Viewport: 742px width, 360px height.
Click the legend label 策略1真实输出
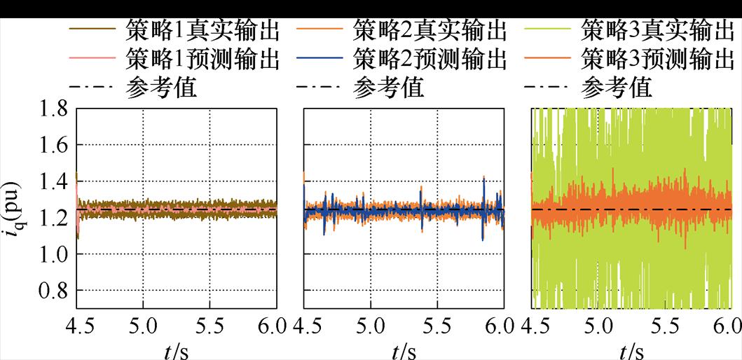point(204,32)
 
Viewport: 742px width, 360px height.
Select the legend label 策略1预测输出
point(204,60)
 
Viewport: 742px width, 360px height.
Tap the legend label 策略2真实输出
point(430,32)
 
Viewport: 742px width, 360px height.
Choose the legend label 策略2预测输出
point(430,60)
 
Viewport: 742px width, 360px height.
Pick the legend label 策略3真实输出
point(657,32)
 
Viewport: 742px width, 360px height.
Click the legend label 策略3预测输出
point(657,60)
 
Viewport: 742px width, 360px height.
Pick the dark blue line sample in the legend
point(322,60)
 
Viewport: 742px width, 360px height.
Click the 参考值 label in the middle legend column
point(388,88)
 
